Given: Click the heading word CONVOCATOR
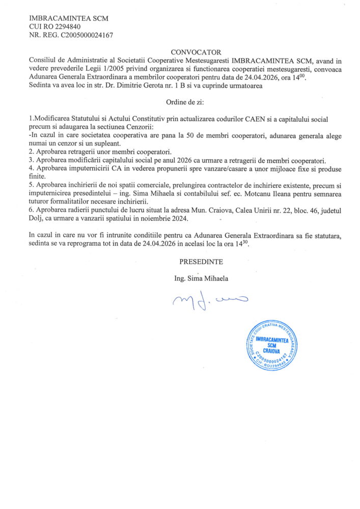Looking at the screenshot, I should (196, 52).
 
